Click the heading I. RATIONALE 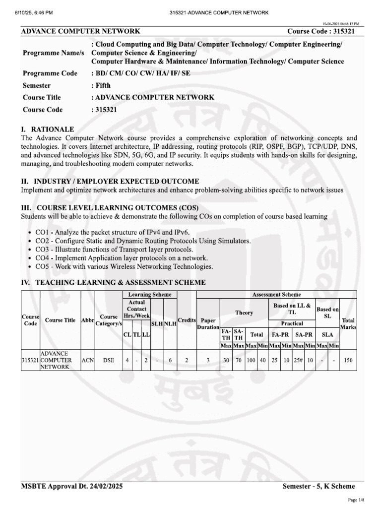[x=48, y=129]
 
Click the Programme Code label [x=50, y=73]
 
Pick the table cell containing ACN [x=87, y=360]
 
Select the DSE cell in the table [x=108, y=360]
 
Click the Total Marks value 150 [x=348, y=360]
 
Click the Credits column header [x=187, y=320]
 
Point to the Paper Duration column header [x=208, y=324]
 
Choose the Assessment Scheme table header [x=276, y=295]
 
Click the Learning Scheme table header [x=149, y=295]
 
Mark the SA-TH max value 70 [x=239, y=360]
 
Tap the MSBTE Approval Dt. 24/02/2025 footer [x=72, y=487]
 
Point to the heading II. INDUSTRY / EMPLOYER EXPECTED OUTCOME [x=110, y=181]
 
